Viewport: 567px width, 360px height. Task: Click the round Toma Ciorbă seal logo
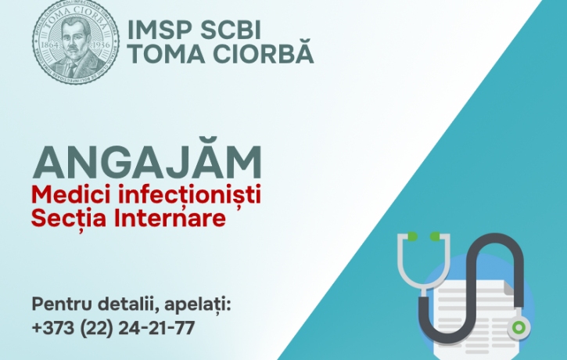coord(76,41)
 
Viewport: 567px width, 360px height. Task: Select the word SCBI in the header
coord(231,30)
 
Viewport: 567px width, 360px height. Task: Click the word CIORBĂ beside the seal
coord(263,52)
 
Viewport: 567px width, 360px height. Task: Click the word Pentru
coord(62,304)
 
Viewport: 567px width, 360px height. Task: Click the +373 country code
coord(53,328)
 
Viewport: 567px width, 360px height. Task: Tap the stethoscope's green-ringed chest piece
coord(519,327)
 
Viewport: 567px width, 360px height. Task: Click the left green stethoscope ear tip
coord(412,236)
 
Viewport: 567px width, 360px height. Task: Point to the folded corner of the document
coord(508,287)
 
